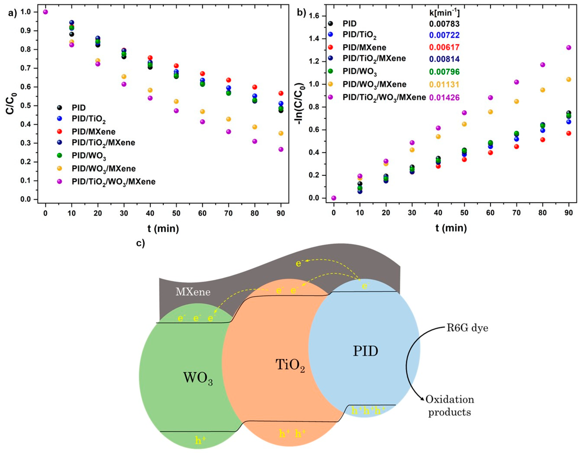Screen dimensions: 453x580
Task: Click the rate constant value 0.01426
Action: [x=444, y=97]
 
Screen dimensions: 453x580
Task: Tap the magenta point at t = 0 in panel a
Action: [x=45, y=12]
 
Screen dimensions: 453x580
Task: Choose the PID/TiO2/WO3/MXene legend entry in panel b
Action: [x=384, y=97]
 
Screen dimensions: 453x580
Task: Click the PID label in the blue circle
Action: [x=365, y=351]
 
